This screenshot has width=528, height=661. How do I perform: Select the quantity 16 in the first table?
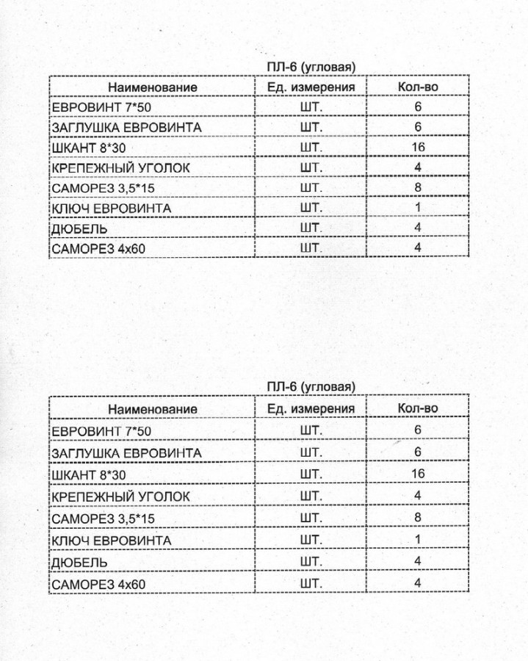[x=418, y=148]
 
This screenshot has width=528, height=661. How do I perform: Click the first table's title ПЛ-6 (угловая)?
[x=311, y=67]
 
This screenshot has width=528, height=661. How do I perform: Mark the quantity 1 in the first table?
[x=418, y=208]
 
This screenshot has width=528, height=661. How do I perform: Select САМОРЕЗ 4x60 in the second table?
[x=98, y=584]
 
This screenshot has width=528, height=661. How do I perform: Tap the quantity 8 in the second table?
[x=418, y=517]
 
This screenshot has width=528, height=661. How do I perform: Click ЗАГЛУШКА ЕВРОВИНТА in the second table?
[x=126, y=452]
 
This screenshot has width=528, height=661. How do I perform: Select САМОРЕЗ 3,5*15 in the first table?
[x=104, y=189]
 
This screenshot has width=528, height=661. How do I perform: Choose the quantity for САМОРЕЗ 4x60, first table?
[x=418, y=248]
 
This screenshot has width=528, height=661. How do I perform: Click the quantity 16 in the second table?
[x=418, y=474]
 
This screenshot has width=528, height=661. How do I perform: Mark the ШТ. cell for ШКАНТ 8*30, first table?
[x=311, y=148]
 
